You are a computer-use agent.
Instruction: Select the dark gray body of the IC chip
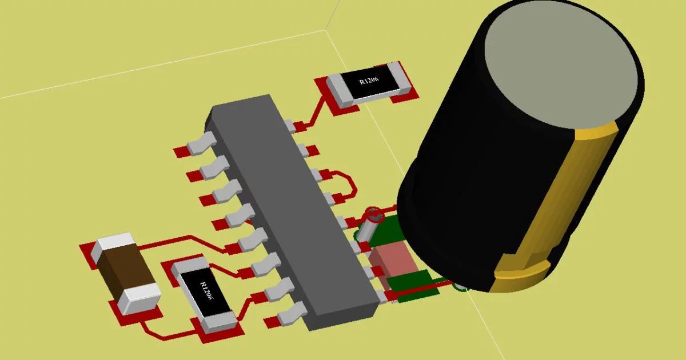pos(292,211)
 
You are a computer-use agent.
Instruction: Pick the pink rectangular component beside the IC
pos(393,260)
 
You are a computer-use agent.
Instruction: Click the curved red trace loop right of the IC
pos(349,183)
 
